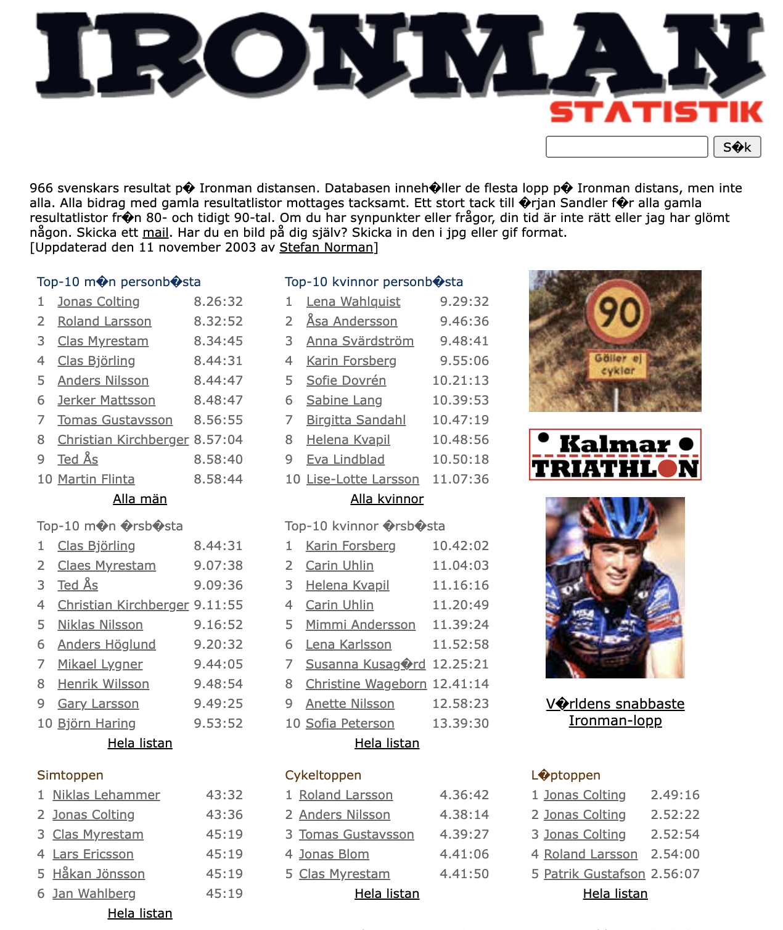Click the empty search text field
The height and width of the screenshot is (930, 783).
pyautogui.click(x=626, y=147)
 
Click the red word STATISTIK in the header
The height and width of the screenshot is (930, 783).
pyautogui.click(x=656, y=112)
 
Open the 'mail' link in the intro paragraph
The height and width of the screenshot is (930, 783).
pyautogui.click(x=155, y=232)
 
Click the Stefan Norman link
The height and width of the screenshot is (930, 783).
pyautogui.click(x=326, y=247)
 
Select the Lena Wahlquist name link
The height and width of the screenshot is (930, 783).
pyautogui.click(x=353, y=302)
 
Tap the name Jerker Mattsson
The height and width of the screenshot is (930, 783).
pyautogui.click(x=106, y=400)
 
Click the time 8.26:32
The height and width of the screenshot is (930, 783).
pyautogui.click(x=218, y=302)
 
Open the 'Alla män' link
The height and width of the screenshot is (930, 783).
pyautogui.click(x=140, y=499)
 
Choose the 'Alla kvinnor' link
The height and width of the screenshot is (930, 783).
pyautogui.click(x=387, y=499)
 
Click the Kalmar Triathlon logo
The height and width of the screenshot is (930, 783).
pyautogui.click(x=615, y=455)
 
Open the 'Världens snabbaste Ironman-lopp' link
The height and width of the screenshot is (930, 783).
pyautogui.click(x=615, y=712)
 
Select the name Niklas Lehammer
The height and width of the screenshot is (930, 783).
pyautogui.click(x=106, y=795)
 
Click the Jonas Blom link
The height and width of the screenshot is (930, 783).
pyautogui.click(x=334, y=854)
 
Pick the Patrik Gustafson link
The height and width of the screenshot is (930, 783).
pyautogui.click(x=594, y=874)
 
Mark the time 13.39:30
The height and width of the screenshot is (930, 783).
pyautogui.click(x=461, y=723)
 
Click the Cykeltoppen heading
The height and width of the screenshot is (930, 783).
pyautogui.click(x=323, y=775)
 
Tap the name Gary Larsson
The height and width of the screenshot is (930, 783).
pyautogui.click(x=98, y=704)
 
